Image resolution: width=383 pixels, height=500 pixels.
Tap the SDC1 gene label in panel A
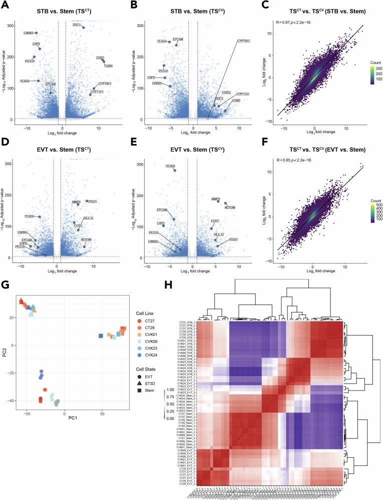(77, 24)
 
